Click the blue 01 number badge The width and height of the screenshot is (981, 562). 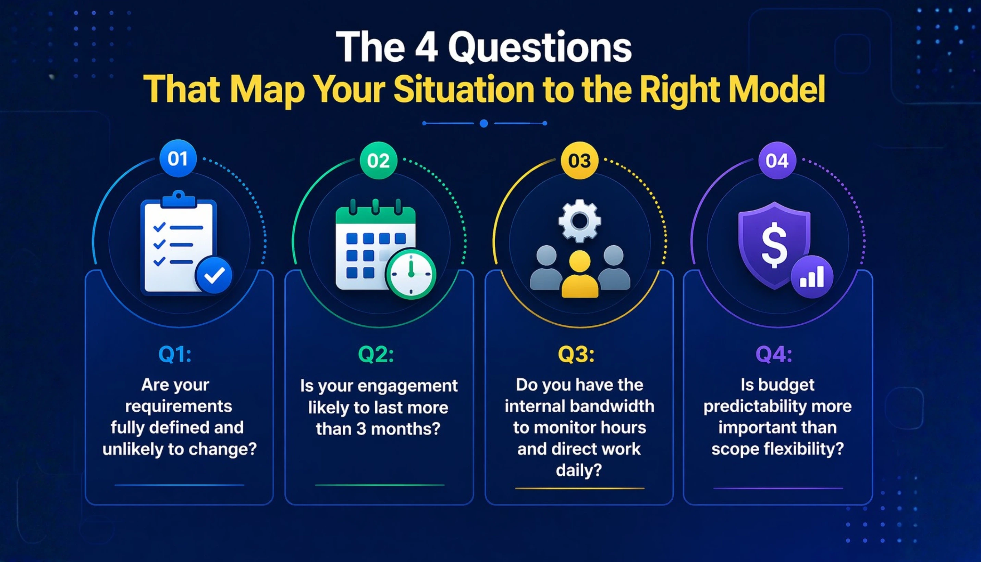(178, 159)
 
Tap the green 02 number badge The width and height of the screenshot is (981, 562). (378, 161)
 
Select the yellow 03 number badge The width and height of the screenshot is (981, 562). (579, 161)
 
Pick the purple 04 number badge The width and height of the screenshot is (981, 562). (777, 161)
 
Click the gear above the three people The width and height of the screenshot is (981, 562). (579, 221)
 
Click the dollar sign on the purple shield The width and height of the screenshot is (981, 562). (774, 245)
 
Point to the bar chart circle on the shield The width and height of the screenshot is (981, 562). (811, 276)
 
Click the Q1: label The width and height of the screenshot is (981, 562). (175, 354)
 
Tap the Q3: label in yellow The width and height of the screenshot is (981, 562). (576, 354)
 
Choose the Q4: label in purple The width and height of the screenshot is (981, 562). (774, 354)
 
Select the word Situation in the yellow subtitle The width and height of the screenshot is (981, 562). (464, 89)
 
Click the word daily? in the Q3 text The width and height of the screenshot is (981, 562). (579, 470)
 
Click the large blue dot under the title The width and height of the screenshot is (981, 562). (483, 124)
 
